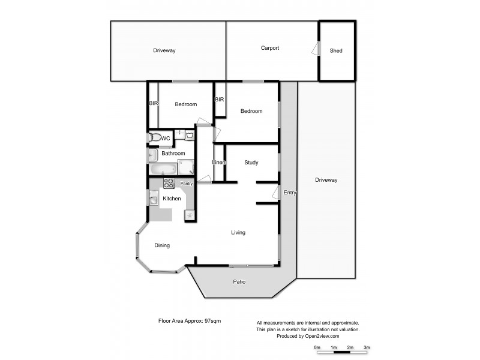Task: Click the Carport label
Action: tap(270, 48)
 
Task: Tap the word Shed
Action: tap(336, 51)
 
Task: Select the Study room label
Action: tap(251, 163)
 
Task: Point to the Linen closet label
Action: tap(219, 163)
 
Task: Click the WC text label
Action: tap(166, 139)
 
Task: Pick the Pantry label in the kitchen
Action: tap(187, 184)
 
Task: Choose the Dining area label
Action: tap(162, 245)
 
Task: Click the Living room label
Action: tap(238, 233)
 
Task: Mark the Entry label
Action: tap(290, 193)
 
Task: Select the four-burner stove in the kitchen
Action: tap(169, 184)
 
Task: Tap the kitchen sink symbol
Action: tap(154, 199)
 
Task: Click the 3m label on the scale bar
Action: tap(366, 347)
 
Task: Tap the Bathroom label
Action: tap(173, 154)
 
